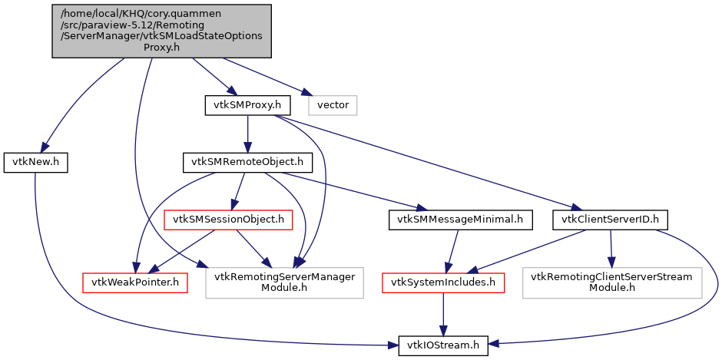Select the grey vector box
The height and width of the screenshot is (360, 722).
(x=333, y=104)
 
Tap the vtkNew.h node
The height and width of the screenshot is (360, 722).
(x=36, y=162)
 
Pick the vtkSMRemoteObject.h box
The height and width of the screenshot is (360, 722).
(x=248, y=162)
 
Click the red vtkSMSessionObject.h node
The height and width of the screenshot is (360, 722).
(x=229, y=220)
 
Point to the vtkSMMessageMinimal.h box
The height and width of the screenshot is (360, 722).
(x=460, y=220)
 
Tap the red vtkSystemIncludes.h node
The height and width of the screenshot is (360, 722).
(x=443, y=282)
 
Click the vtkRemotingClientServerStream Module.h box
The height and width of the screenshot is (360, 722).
(x=612, y=282)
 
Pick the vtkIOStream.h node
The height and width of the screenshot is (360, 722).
(x=442, y=346)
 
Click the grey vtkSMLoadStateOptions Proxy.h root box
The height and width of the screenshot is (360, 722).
(x=161, y=30)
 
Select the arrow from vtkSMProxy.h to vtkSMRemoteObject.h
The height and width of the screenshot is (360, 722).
(x=247, y=134)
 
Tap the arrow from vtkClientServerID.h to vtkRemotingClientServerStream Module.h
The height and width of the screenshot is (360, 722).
(x=611, y=249)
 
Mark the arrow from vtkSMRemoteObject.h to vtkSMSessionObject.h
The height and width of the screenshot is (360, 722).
(x=239, y=191)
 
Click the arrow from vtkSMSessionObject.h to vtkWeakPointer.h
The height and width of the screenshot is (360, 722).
(x=182, y=251)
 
